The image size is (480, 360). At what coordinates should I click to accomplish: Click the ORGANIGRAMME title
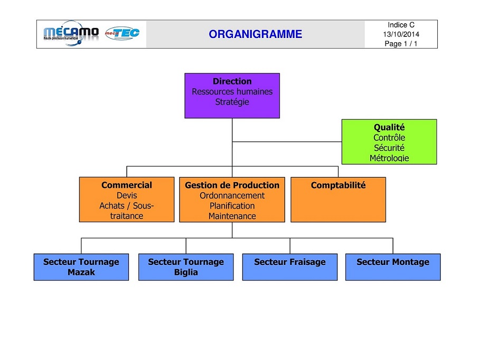pyautogui.click(x=255, y=34)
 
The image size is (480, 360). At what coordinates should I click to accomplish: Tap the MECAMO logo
pyautogui.click(x=71, y=33)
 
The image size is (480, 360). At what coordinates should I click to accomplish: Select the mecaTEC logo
pyautogui.click(x=123, y=33)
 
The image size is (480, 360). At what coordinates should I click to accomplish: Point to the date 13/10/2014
pyautogui.click(x=401, y=34)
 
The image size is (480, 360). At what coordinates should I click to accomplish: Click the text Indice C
pyautogui.click(x=401, y=25)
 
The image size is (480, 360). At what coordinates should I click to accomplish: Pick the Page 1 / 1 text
pyautogui.click(x=401, y=43)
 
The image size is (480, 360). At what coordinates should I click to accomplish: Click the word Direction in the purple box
pyautogui.click(x=232, y=81)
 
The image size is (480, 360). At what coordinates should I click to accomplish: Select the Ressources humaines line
pyautogui.click(x=232, y=91)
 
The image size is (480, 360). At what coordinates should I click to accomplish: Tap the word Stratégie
pyautogui.click(x=232, y=102)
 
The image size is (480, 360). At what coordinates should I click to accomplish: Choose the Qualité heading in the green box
pyautogui.click(x=389, y=127)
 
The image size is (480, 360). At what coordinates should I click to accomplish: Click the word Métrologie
pyautogui.click(x=389, y=158)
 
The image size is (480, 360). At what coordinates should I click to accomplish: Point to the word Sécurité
pyautogui.click(x=389, y=148)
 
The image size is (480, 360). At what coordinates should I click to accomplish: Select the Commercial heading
pyautogui.click(x=127, y=185)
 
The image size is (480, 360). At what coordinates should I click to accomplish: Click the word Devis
pyautogui.click(x=127, y=195)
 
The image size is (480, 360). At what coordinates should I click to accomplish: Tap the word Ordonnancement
pyautogui.click(x=232, y=195)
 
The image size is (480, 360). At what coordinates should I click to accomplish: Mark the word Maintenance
pyautogui.click(x=232, y=216)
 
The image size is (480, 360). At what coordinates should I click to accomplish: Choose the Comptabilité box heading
pyautogui.click(x=338, y=185)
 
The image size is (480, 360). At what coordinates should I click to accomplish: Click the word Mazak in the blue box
pyautogui.click(x=81, y=272)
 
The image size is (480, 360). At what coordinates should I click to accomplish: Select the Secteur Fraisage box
pyautogui.click(x=290, y=267)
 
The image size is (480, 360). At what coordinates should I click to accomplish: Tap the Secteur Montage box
pyautogui.click(x=393, y=267)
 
